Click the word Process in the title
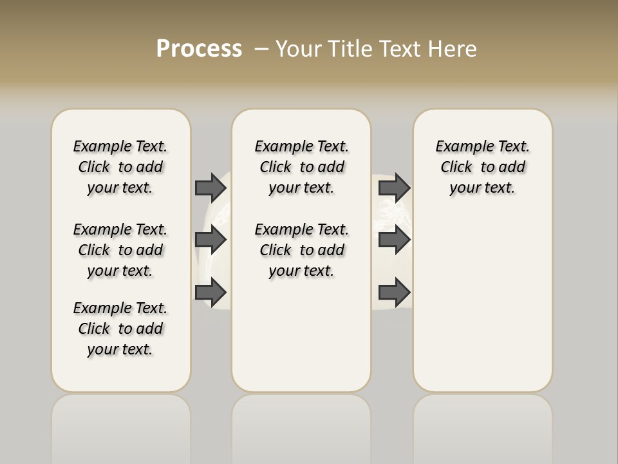pyautogui.click(x=199, y=49)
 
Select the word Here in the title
pyautogui.click(x=453, y=49)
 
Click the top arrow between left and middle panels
pyautogui.click(x=211, y=188)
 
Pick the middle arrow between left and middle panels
pyautogui.click(x=211, y=240)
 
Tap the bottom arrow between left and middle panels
pyautogui.click(x=211, y=292)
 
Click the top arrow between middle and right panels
pyautogui.click(x=394, y=188)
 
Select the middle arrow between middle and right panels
pyautogui.click(x=394, y=240)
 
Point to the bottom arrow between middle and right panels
pyautogui.click(x=394, y=292)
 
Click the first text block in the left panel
pyautogui.click(x=120, y=167)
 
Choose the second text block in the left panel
pyautogui.click(x=120, y=250)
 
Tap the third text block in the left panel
pyautogui.click(x=120, y=329)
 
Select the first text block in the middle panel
pyautogui.click(x=302, y=167)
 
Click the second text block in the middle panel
pyautogui.click(x=302, y=250)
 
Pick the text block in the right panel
pyautogui.click(x=483, y=167)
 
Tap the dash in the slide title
pyautogui.click(x=261, y=49)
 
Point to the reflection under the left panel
pyautogui.click(x=121, y=425)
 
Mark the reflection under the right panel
pyautogui.click(x=483, y=425)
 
